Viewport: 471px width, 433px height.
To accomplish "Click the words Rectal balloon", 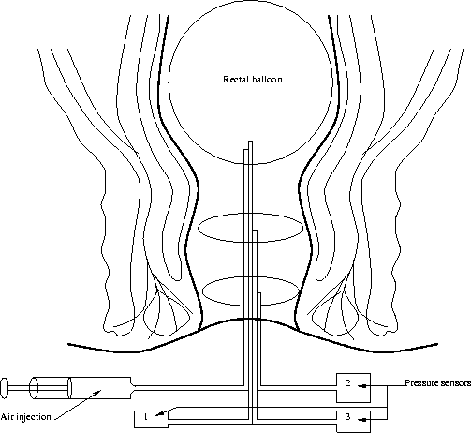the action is [253, 80].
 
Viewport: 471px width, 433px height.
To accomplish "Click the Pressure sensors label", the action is [438, 383].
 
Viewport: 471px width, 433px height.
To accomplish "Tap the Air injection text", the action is [25, 417].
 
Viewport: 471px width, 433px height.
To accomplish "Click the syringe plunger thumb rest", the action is [4, 388].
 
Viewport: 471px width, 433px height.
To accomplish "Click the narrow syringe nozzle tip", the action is [134, 388].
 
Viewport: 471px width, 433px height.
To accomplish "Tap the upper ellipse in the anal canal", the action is [250, 228].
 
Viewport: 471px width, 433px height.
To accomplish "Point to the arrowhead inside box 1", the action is [159, 414].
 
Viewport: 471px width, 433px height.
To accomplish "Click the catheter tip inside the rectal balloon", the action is [250, 142].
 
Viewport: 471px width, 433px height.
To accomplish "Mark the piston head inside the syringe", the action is [69, 388].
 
